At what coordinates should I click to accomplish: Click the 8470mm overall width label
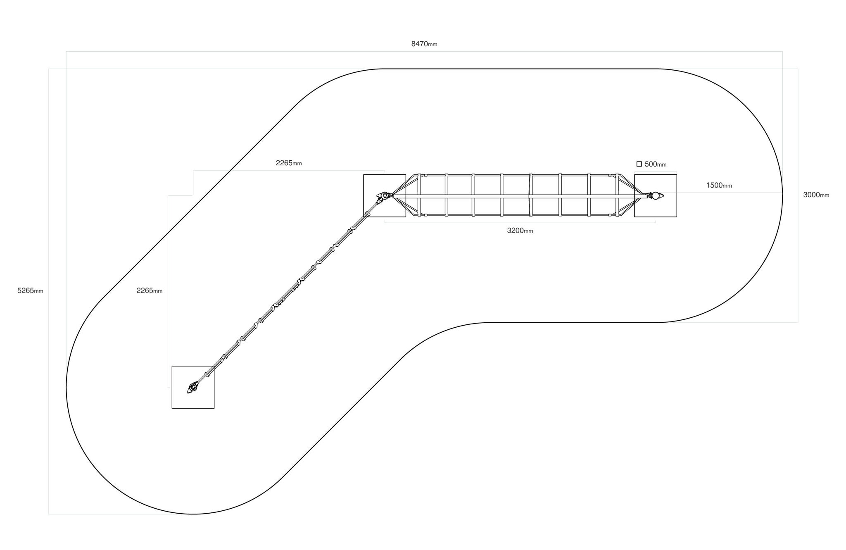[424, 44]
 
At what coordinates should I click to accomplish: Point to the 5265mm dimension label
[30, 290]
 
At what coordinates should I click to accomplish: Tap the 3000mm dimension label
[816, 195]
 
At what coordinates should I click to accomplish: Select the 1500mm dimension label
[719, 186]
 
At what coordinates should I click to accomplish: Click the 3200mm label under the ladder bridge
[520, 231]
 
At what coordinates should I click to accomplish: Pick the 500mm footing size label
[656, 164]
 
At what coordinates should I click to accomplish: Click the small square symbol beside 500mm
[639, 164]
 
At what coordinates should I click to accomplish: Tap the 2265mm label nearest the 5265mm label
[150, 290]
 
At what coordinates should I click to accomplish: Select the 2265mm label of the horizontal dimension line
[289, 163]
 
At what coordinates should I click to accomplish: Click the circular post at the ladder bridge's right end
[655, 195]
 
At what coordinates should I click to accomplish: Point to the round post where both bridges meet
[385, 195]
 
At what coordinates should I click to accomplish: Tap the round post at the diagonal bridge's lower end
[192, 387]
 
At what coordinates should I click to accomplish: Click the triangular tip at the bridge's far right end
[661, 195]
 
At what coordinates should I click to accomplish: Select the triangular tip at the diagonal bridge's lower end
[189, 391]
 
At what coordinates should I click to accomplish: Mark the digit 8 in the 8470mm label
[413, 44]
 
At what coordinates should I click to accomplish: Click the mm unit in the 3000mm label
[825, 196]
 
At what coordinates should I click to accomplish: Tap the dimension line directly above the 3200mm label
[520, 223]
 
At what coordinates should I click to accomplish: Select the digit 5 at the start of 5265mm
[19, 290]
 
